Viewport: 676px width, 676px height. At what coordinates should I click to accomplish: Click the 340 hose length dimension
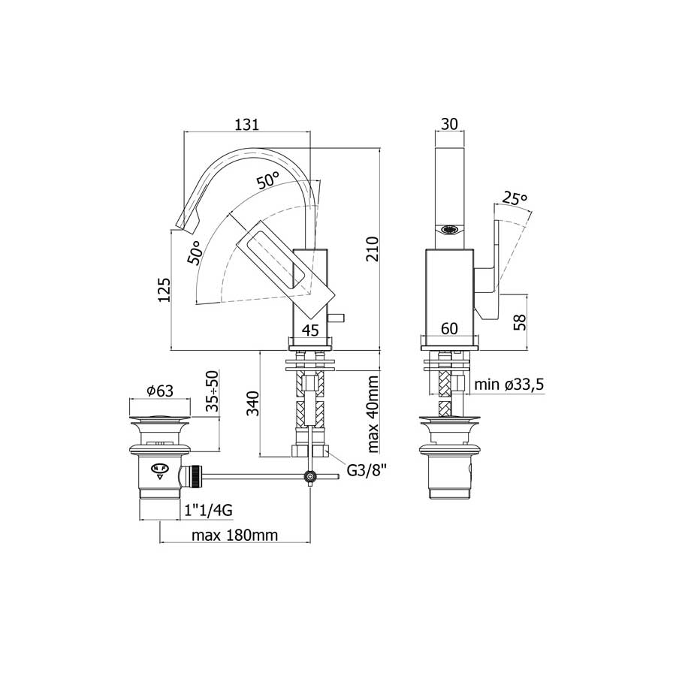252,404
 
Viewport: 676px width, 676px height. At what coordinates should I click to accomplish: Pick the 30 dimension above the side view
451,123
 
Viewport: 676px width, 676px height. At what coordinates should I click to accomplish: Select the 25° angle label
515,198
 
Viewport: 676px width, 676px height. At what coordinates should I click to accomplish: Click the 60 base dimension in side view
450,328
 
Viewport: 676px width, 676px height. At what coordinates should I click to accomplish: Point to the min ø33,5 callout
509,385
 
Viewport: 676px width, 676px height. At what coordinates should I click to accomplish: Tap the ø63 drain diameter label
160,390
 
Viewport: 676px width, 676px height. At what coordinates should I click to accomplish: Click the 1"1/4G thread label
209,511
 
